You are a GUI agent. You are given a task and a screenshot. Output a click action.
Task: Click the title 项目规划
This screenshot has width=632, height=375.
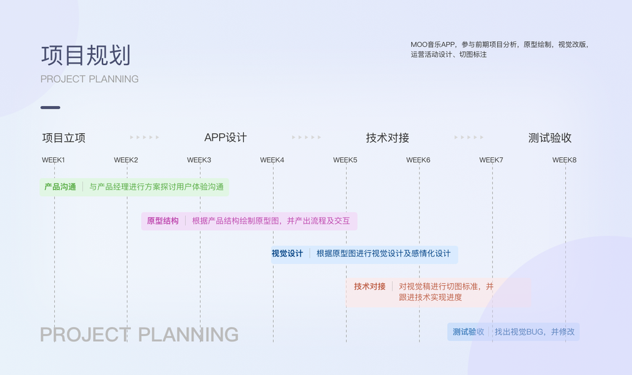86,56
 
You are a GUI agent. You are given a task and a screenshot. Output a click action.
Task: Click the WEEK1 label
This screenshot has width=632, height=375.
53,160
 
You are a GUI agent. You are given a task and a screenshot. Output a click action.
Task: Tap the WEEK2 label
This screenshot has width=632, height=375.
126,160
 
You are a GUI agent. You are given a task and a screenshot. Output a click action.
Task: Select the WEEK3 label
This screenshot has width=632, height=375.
199,160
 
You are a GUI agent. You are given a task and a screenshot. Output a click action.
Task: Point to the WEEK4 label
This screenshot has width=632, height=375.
272,160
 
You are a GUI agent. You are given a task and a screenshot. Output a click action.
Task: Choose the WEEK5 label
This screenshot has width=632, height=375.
345,160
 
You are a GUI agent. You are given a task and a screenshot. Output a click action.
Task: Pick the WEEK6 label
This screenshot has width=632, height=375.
418,160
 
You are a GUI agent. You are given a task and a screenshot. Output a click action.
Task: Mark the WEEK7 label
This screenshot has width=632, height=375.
491,160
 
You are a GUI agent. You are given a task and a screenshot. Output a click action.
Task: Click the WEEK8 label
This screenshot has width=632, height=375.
564,160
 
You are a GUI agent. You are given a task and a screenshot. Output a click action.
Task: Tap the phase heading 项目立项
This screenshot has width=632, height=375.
64,138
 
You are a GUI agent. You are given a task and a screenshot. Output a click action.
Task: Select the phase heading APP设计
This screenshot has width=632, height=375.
226,137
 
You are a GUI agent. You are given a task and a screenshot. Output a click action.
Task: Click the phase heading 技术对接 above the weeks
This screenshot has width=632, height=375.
388,138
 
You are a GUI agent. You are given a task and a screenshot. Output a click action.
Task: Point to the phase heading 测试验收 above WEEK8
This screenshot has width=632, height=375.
550,138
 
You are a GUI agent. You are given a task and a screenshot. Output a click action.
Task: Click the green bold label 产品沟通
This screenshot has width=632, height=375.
60,187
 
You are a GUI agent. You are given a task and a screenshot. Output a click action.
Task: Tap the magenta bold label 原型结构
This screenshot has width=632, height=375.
163,221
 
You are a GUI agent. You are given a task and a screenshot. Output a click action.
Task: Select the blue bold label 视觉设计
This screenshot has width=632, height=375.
287,253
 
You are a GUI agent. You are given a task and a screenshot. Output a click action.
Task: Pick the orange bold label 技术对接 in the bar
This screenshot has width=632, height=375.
369,286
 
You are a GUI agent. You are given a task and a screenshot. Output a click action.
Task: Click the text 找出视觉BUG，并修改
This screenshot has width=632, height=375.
534,332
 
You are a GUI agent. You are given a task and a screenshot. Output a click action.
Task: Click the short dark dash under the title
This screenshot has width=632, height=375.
51,107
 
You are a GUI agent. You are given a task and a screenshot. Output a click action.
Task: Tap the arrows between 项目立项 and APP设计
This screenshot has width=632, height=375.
144,137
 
